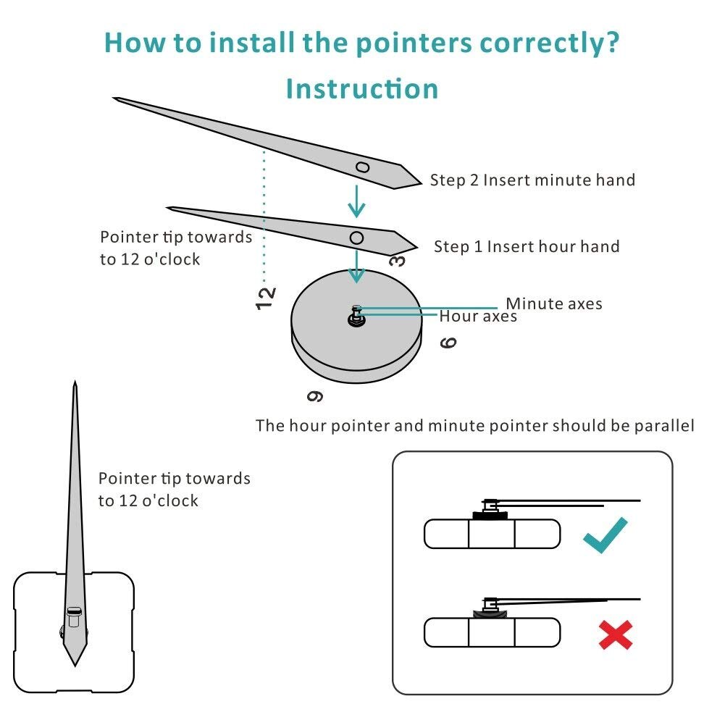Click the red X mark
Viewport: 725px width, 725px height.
pos(616,635)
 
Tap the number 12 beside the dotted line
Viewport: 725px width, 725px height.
pos(266,298)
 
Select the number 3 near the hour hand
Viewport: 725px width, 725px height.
pos(397,261)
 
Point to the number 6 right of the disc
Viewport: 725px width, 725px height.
pos(448,343)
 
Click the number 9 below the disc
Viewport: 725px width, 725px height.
pos(315,396)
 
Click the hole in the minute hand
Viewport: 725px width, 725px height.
pos(362,167)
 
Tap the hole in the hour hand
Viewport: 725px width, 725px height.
pos(356,238)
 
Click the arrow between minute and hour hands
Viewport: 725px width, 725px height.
pos(356,201)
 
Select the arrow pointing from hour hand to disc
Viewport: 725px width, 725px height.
pos(356,267)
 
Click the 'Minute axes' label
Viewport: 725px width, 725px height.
pos(554,303)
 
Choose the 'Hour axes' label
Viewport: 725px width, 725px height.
pos(478,317)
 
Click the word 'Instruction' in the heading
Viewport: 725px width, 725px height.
pos(362,88)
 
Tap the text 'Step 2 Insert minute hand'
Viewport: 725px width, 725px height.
pos(532,180)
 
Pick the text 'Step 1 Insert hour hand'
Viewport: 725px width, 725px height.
pos(527,246)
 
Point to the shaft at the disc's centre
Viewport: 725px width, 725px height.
pos(356,316)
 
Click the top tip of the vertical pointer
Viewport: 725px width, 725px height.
pos(75,381)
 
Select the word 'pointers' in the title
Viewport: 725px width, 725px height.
pos(414,43)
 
